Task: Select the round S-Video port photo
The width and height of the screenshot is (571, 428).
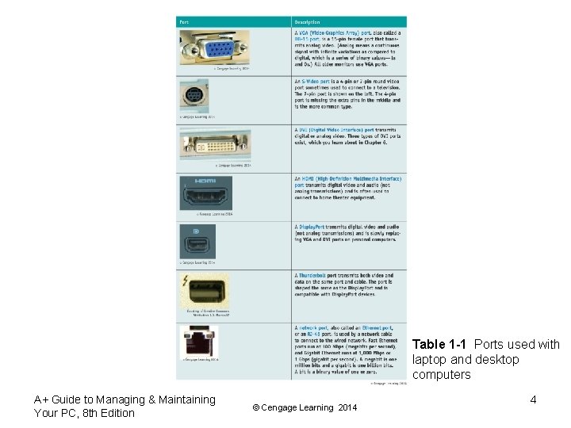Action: point(194,97)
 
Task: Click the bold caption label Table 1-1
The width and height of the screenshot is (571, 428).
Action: point(440,344)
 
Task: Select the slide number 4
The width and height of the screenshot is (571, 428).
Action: point(533,399)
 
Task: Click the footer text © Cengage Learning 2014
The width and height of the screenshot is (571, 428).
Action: point(305,407)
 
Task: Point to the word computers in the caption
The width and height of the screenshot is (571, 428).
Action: point(442,374)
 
